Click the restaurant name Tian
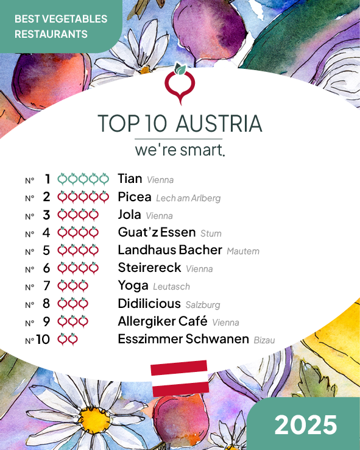click(130, 179)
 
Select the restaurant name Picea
click(135, 197)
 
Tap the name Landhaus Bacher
click(170, 250)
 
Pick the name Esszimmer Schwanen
click(183, 339)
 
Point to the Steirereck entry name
click(149, 268)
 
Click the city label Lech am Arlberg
click(188, 198)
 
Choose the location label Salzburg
click(203, 305)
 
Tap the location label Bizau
click(264, 340)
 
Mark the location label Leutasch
click(171, 287)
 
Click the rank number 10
click(43, 340)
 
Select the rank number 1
click(48, 179)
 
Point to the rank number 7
click(47, 286)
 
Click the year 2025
click(305, 424)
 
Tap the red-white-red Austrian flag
click(180, 378)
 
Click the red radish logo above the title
click(180, 85)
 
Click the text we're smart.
click(180, 149)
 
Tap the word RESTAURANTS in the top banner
click(51, 34)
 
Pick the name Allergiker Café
click(163, 321)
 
